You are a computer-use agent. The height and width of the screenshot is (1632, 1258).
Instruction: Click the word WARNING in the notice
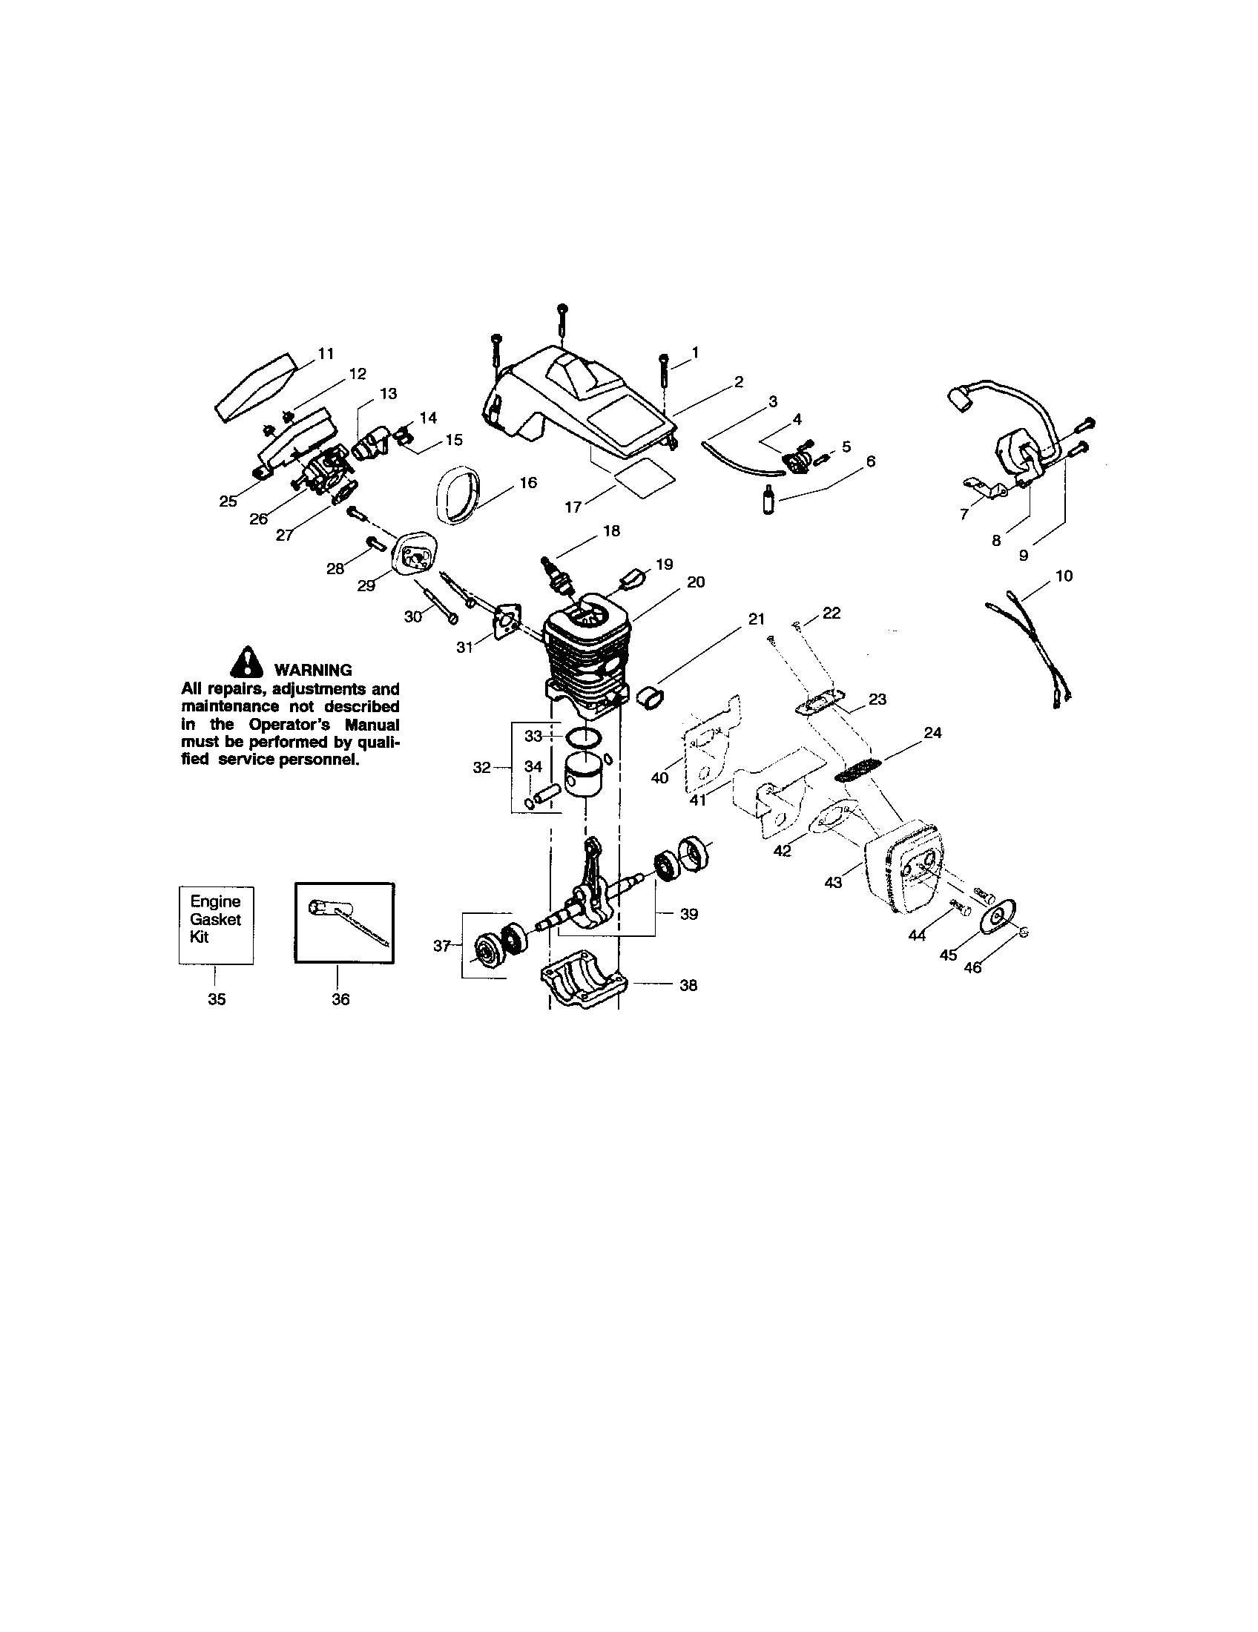313,671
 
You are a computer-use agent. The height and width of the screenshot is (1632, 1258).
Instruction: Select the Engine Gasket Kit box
216,925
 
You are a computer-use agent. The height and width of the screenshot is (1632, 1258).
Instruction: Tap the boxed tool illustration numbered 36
344,924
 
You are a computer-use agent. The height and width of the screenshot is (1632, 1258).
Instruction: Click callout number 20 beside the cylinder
696,582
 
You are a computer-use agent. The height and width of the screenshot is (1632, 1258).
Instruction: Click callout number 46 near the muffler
972,967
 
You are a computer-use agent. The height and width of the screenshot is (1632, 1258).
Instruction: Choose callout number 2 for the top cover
739,383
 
